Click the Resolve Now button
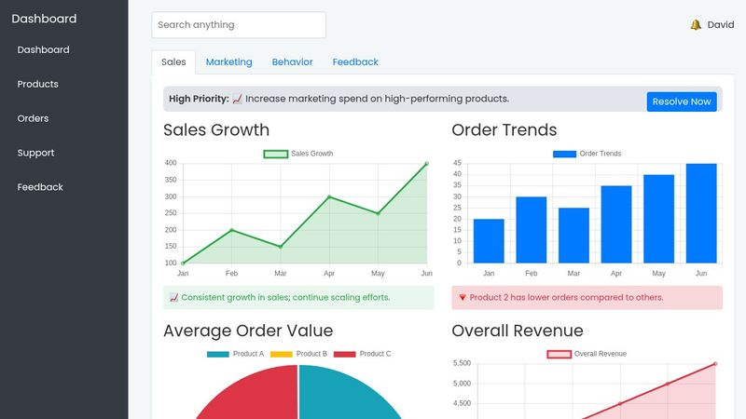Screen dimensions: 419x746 click(x=681, y=101)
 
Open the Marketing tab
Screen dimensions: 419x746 click(x=228, y=62)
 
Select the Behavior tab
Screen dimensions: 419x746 click(x=292, y=62)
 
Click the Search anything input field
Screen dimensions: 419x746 click(x=239, y=25)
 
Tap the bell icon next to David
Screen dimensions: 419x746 click(x=696, y=25)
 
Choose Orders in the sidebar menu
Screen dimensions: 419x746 click(x=33, y=118)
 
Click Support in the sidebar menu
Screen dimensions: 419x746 click(x=35, y=153)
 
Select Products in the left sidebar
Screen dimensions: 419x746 click(x=37, y=84)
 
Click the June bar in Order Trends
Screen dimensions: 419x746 click(x=701, y=213)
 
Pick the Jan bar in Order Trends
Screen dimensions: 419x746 click(x=489, y=241)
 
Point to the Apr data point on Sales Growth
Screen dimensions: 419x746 click(x=329, y=196)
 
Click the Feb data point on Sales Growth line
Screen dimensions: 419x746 click(x=232, y=230)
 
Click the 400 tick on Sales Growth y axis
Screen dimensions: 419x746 click(x=171, y=163)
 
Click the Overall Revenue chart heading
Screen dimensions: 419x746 click(x=517, y=331)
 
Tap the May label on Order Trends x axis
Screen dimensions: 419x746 click(x=658, y=274)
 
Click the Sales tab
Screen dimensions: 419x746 click(x=173, y=62)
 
